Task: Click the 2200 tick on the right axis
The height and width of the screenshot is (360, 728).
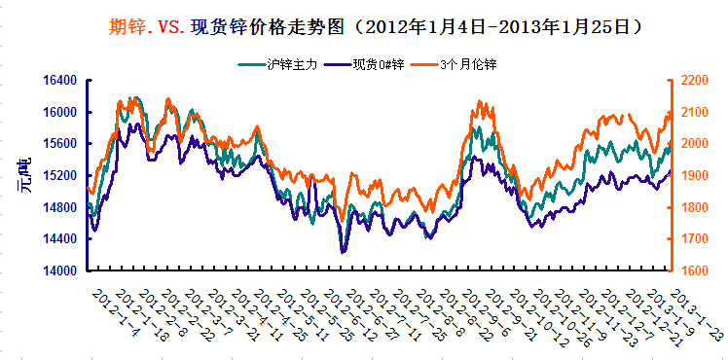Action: point(693,81)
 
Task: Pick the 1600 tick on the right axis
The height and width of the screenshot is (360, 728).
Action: point(693,270)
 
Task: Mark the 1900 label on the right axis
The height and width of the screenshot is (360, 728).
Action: point(693,175)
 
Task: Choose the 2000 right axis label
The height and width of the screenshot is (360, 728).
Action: point(693,144)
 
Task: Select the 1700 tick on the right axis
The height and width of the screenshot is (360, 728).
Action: point(693,238)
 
